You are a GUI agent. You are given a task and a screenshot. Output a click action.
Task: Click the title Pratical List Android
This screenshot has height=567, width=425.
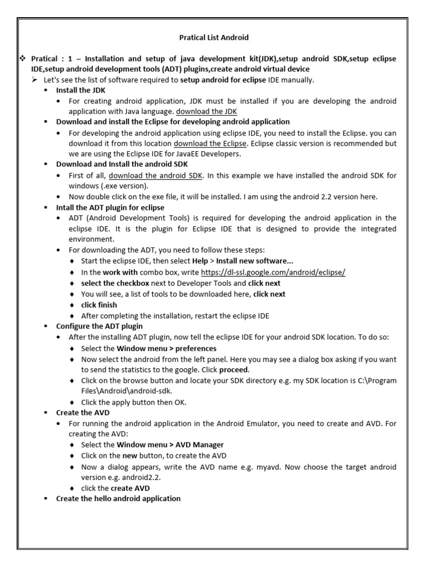click(214, 38)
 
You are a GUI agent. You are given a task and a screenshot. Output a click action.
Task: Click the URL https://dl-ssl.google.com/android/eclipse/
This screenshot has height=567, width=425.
click(273, 272)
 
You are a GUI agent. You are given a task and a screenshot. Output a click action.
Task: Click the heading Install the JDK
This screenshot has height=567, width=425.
click(80, 90)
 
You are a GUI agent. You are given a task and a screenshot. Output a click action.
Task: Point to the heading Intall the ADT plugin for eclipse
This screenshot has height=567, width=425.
click(110, 208)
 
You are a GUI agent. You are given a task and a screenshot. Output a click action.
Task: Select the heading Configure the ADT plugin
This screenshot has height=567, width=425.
click(99, 326)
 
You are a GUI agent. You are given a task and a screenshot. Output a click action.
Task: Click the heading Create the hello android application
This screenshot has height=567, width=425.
click(118, 498)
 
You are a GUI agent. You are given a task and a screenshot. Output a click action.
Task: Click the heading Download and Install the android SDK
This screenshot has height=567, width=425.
click(122, 164)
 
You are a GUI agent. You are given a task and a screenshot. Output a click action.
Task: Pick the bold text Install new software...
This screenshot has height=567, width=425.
click(247, 261)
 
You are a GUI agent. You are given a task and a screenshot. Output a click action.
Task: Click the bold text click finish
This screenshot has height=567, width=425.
click(99, 305)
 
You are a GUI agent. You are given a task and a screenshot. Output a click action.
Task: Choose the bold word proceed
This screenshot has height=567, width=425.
click(234, 369)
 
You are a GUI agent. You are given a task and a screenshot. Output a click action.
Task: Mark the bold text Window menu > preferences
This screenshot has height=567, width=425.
click(166, 348)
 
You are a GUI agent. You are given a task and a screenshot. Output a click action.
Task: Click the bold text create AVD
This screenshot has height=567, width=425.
click(130, 488)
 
